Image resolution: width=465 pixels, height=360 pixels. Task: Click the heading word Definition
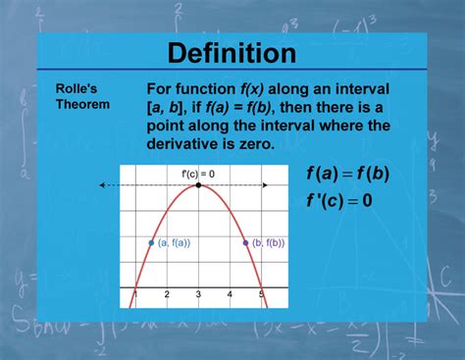point(232,53)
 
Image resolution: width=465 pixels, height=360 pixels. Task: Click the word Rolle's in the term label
point(77,88)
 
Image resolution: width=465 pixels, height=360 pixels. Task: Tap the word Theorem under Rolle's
point(82,104)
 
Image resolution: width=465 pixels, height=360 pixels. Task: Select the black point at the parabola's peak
point(198,185)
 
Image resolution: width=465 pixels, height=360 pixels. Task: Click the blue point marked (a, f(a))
point(151,243)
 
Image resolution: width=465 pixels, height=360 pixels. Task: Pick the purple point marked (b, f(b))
point(246,243)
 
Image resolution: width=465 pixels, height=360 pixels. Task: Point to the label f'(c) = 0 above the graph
point(198,174)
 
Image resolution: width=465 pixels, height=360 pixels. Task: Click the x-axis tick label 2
point(167,294)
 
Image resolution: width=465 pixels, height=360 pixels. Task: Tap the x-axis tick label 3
point(198,294)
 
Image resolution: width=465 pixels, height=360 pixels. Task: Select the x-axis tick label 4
point(230,294)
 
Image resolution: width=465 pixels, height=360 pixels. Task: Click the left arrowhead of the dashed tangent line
point(102,185)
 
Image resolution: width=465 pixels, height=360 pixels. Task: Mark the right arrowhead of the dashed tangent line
point(265,185)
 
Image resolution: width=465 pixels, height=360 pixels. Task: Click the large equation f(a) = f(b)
point(348,174)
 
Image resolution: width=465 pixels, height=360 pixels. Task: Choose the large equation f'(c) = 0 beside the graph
point(339,200)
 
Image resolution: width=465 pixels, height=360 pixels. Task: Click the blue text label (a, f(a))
point(174,243)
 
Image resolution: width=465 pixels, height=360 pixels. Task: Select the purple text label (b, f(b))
point(269,243)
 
